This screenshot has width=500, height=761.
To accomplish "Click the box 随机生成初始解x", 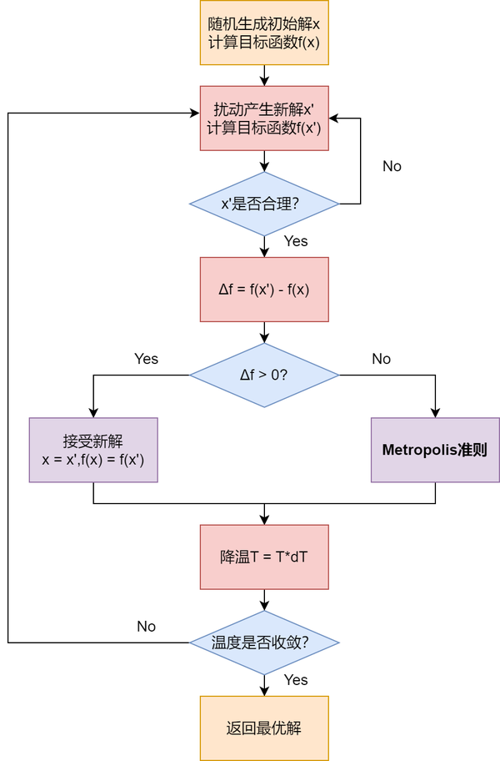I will (264, 33).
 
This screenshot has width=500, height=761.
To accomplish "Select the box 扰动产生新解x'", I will (264, 118).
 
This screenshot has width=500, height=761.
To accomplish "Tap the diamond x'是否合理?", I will (264, 204).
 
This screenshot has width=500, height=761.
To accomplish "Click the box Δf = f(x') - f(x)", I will (264, 290).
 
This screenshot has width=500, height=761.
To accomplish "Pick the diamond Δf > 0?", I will (264, 375).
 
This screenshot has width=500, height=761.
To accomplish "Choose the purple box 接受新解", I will (93, 450).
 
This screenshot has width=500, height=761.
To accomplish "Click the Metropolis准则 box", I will (435, 450).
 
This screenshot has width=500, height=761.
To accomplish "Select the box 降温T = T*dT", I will (264, 557).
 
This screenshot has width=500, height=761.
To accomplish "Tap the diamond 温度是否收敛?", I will (264, 643).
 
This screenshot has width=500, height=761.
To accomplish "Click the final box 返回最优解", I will (264, 728).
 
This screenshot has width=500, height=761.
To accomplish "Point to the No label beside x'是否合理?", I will (392, 166).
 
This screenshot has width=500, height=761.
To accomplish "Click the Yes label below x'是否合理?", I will (296, 241).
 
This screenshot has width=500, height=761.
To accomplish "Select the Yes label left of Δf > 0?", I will (146, 359).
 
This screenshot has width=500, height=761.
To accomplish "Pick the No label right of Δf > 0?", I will (381, 359).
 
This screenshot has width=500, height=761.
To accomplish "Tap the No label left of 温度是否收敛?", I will (146, 626).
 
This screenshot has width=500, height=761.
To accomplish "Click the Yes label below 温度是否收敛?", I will (296, 680).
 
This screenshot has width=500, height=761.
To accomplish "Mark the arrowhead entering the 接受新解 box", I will (93, 412).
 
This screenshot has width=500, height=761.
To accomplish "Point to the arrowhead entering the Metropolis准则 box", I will (435, 412).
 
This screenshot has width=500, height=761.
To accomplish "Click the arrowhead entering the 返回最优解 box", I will (264, 691).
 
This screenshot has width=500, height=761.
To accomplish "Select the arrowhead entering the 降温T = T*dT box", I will (264, 519).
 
